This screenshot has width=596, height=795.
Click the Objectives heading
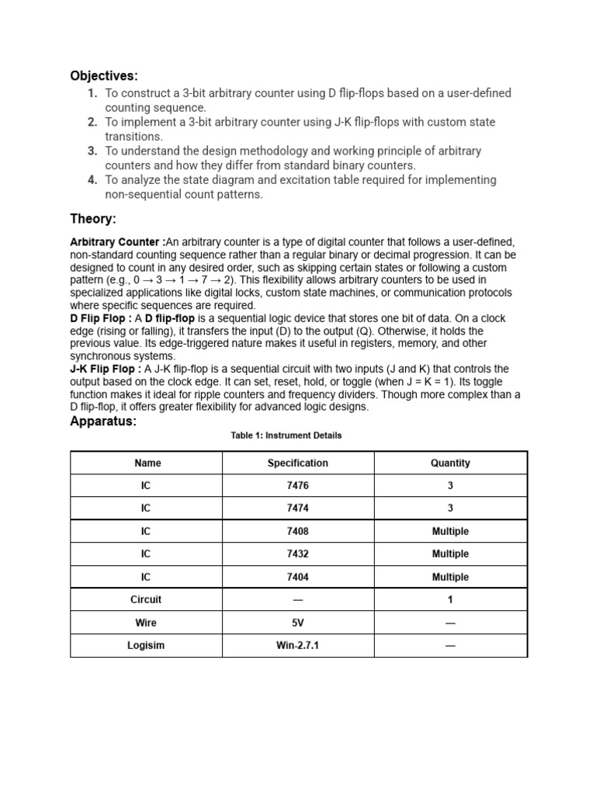tap(104, 75)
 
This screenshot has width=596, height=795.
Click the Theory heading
tap(93, 220)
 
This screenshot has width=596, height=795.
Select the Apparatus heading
tap(103, 422)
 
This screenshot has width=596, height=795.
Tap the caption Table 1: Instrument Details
tap(286, 436)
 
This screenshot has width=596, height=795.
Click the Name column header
tap(147, 463)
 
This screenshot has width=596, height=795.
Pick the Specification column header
tap(298, 463)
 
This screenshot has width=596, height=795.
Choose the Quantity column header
tap(450, 463)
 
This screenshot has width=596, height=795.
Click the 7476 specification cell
tap(298, 485)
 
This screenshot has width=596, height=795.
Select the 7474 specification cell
tap(298, 509)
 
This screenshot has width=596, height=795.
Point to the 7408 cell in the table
tap(298, 531)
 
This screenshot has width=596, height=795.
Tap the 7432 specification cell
tap(298, 554)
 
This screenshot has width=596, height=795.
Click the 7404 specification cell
tap(298, 577)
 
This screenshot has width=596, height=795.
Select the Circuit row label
tap(147, 599)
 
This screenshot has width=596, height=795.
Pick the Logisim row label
tap(147, 645)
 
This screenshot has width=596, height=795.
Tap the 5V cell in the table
tap(298, 623)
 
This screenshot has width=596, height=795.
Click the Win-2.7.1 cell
tap(298, 645)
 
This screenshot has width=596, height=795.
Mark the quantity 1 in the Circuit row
tap(450, 599)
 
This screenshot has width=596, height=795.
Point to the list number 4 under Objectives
tap(92, 180)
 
